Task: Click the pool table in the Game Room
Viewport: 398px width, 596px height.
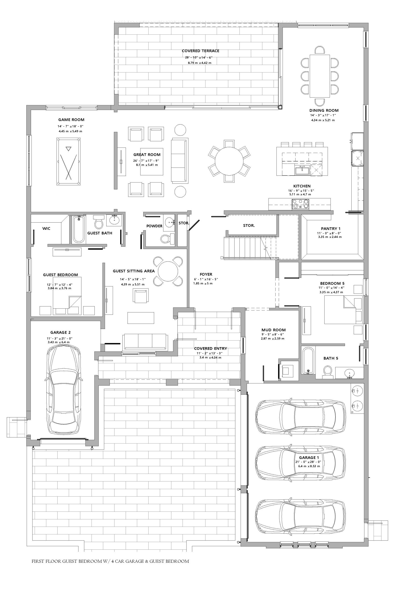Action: tap(69, 161)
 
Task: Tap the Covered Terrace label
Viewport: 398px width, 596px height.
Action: tap(201, 51)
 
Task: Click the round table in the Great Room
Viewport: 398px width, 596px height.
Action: tap(229, 161)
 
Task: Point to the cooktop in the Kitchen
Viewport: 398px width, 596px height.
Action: tap(301, 204)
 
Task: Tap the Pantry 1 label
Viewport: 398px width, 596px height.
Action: tap(331, 229)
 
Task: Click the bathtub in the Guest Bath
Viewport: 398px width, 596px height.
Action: tap(78, 229)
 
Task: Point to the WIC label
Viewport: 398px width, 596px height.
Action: tap(46, 229)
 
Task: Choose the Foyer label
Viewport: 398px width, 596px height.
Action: tap(206, 274)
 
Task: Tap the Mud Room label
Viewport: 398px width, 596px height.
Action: tap(274, 330)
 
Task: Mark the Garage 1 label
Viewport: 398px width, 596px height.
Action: tap(309, 458)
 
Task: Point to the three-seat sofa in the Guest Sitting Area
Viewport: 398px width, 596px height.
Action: tap(145, 342)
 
